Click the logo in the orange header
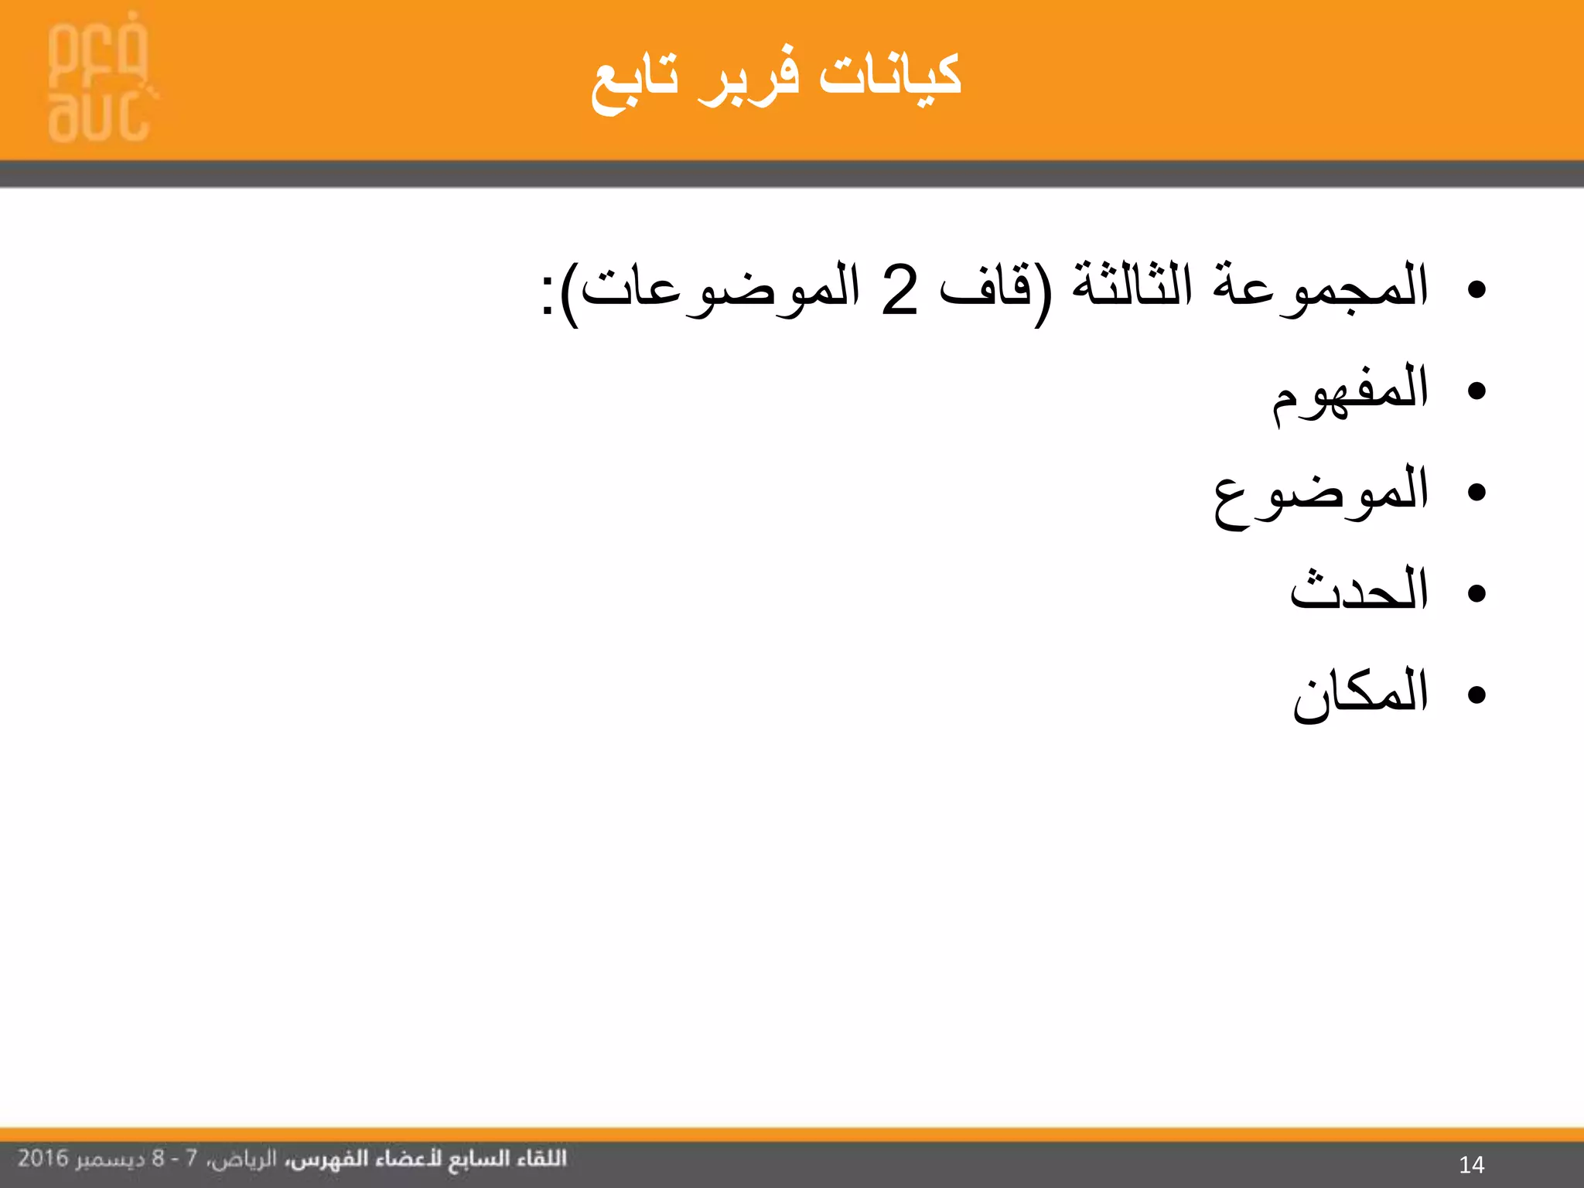(99, 77)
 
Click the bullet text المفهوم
(1350, 391)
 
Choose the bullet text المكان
(1360, 693)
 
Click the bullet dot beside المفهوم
(1476, 391)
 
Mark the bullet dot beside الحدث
(1476, 593)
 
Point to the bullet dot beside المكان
(1476, 695)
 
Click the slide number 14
(1471, 1164)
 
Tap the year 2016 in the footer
(43, 1158)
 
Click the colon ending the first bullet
(548, 295)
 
